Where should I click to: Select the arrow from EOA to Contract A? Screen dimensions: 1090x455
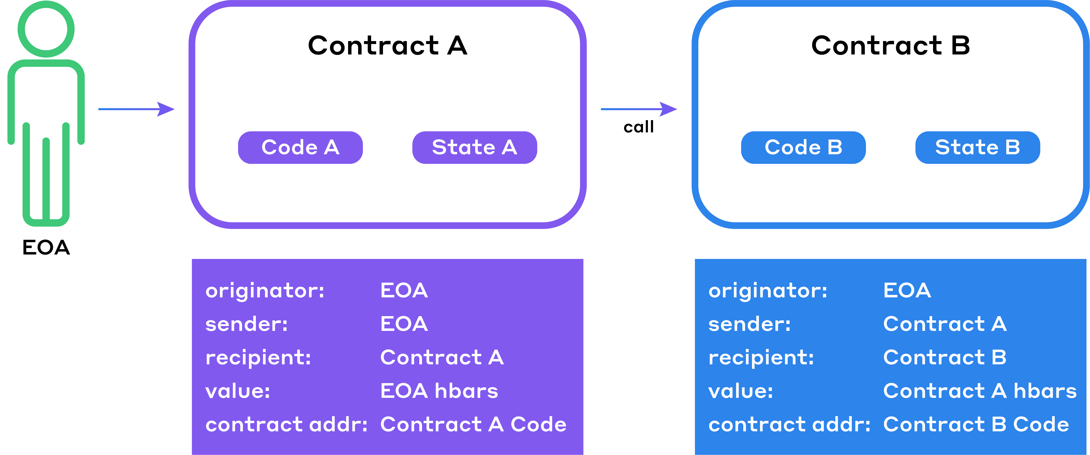click(136, 109)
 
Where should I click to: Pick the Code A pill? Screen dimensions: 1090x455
click(301, 147)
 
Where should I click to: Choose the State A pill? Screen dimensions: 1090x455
click(475, 147)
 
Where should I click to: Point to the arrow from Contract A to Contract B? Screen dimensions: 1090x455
click(639, 109)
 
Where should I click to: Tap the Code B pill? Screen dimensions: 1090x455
click(804, 147)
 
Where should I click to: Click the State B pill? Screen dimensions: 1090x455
click(978, 147)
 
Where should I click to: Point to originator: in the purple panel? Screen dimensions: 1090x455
click(265, 291)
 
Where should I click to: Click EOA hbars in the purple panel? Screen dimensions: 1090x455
click(439, 391)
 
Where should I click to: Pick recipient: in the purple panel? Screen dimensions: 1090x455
click(258, 358)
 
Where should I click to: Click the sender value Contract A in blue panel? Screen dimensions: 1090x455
click(945, 324)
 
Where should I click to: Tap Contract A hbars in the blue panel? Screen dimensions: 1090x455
click(980, 391)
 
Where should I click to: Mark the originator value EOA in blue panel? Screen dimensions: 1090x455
click(907, 290)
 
